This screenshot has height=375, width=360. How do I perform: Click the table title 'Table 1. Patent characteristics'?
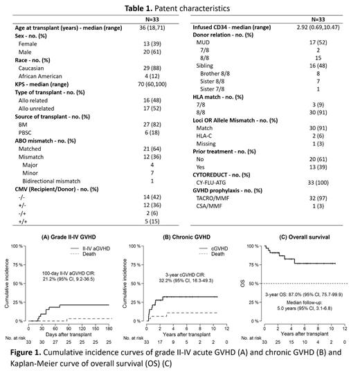pyautogui.click(x=180, y=6)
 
